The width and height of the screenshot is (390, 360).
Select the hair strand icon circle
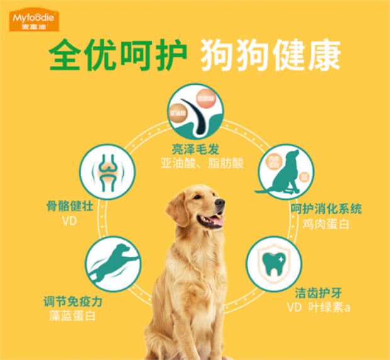196,112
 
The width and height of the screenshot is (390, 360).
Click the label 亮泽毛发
196,149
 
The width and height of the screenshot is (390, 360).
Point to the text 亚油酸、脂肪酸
196,163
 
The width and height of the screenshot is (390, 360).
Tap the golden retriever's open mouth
213,221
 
